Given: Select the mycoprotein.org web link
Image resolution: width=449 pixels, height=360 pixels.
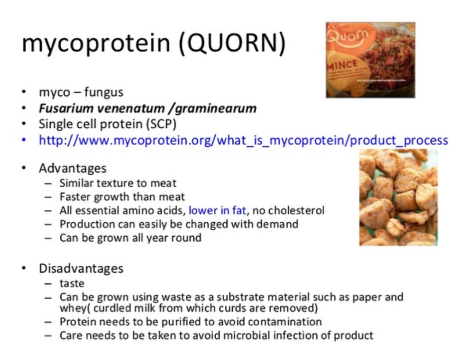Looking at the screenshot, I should (x=243, y=140).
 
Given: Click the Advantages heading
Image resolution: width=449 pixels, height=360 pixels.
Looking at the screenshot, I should (x=73, y=168).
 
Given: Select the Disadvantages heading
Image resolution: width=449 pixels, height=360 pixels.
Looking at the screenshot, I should (x=81, y=269).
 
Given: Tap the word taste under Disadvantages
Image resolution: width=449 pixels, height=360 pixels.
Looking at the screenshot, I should (x=72, y=284).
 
